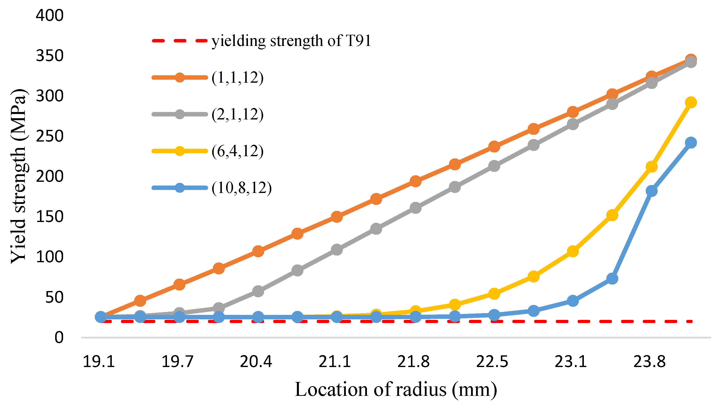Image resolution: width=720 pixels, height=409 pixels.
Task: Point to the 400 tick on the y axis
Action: [x=50, y=15]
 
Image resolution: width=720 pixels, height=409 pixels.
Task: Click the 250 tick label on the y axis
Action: [x=50, y=136]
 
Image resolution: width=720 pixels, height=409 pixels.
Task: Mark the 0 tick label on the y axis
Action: [x=59, y=337]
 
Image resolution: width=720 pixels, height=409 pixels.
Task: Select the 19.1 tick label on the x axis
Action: [x=99, y=362]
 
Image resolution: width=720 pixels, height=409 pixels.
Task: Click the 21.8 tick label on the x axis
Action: [x=413, y=362]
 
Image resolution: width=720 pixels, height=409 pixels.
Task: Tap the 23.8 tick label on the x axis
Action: [x=649, y=362]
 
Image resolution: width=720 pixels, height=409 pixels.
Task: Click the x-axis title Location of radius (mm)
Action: [x=396, y=390]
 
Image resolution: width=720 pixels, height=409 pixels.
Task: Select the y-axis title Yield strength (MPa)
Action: [x=18, y=176]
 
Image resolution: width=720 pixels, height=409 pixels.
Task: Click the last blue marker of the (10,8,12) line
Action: [x=691, y=143]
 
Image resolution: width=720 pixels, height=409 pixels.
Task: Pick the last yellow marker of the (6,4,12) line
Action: [x=691, y=102]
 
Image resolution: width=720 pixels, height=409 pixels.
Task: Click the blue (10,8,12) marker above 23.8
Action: [x=651, y=191]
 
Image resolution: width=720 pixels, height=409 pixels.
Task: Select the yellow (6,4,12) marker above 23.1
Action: [x=573, y=251]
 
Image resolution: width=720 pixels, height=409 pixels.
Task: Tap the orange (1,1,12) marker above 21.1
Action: [x=337, y=217]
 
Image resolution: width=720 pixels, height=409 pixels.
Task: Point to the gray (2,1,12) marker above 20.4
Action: [x=258, y=291]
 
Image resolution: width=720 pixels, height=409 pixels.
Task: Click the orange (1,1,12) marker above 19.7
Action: [x=179, y=285]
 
